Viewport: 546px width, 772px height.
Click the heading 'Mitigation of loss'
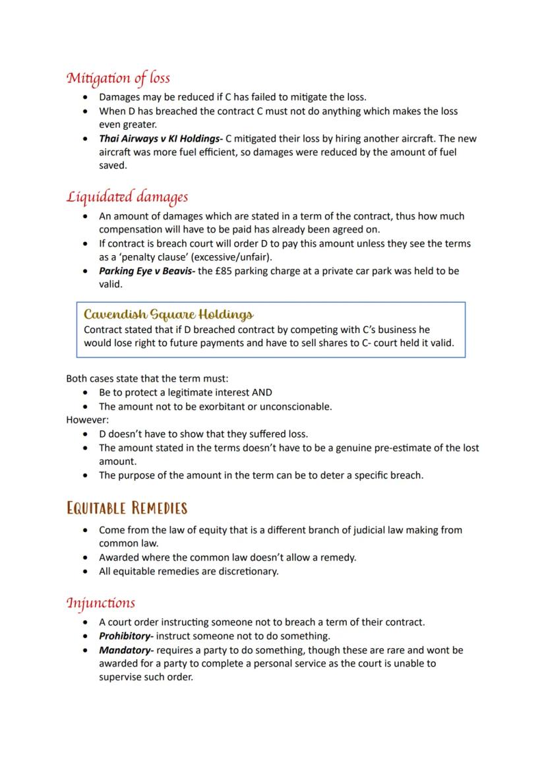tap(118, 78)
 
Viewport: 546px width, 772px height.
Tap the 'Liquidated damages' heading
tap(127, 196)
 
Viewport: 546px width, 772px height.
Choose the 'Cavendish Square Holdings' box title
tap(169, 314)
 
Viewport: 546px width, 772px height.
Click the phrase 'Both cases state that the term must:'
tap(147, 378)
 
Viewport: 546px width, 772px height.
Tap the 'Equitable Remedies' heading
tap(127, 508)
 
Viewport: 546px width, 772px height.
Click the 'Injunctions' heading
tap(100, 603)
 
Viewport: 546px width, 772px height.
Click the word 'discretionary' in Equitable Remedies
tap(248, 571)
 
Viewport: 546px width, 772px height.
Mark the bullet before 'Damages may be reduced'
tap(86, 97)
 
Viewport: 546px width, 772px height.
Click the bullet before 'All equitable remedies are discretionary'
tap(86, 571)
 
